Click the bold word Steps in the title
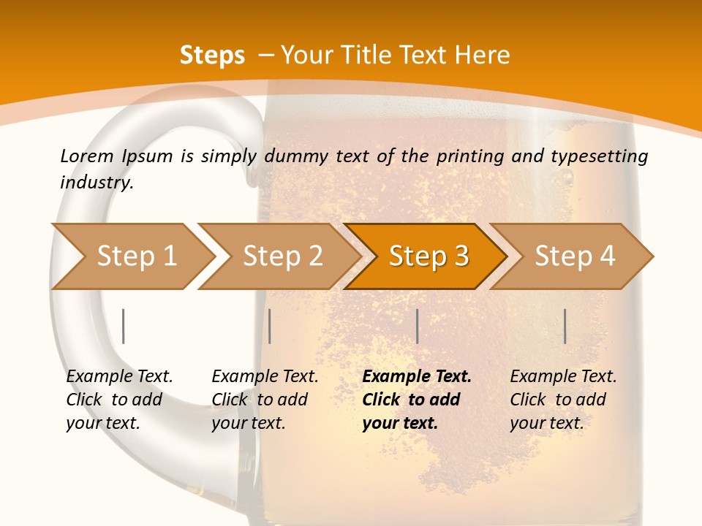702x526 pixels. [212, 56]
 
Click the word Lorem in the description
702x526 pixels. [87, 156]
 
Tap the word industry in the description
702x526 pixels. [97, 182]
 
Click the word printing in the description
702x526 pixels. [464, 156]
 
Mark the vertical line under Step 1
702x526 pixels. [123, 326]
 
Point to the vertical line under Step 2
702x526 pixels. [270, 326]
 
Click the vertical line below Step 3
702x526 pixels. [417, 326]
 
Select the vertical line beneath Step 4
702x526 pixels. [565, 326]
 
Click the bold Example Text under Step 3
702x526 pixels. [417, 377]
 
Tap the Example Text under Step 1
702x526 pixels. [120, 377]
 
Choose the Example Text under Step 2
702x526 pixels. [265, 377]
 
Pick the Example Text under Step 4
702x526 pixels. [564, 377]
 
